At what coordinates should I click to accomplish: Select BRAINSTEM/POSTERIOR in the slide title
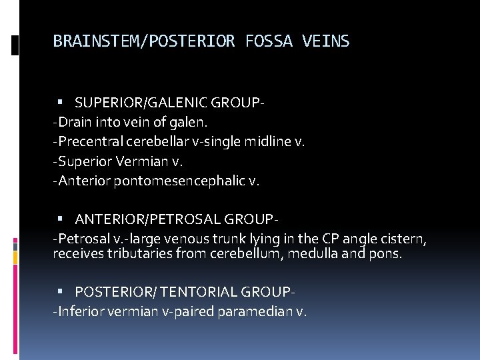(x=143, y=41)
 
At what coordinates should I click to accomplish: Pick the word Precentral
(x=89, y=142)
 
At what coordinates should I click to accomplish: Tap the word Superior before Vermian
(x=87, y=161)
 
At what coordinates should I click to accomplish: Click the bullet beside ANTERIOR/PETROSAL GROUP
(x=61, y=219)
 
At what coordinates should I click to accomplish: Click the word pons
(x=386, y=253)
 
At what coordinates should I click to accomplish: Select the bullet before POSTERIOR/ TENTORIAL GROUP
(x=61, y=292)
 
